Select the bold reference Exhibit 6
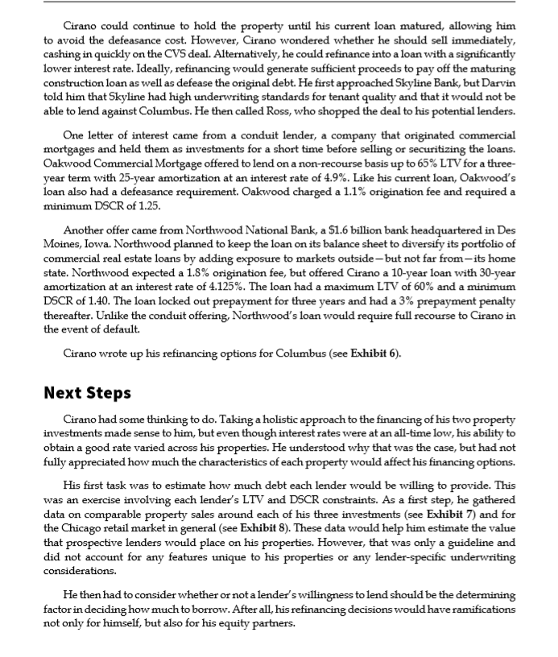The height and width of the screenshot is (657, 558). [x=374, y=353]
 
